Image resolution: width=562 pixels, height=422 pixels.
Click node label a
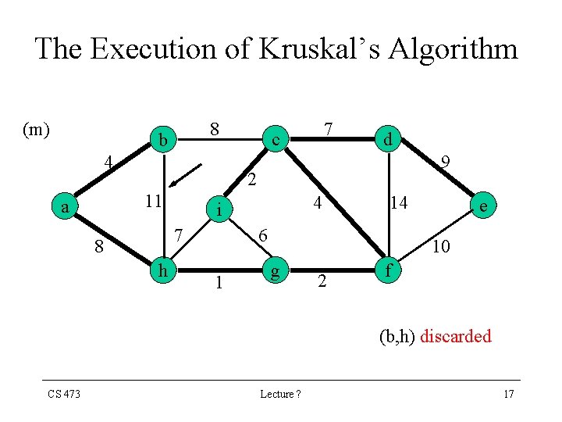pyautogui.click(x=66, y=207)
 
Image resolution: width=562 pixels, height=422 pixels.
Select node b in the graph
pyautogui.click(x=162, y=141)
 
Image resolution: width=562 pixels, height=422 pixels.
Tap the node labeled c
pyautogui.click(x=275, y=141)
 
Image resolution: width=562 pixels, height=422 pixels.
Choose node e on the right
pyautogui.click(x=485, y=206)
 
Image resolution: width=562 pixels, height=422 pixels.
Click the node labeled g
pyautogui.click(x=274, y=272)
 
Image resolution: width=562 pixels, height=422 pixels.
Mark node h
pyautogui.click(x=162, y=270)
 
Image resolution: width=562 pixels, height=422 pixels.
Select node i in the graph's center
pyautogui.click(x=221, y=209)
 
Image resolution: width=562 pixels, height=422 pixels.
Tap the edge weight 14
pyautogui.click(x=400, y=203)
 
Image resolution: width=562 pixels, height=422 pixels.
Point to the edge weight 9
pyautogui.click(x=444, y=163)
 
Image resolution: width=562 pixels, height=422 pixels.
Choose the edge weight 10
pyautogui.click(x=440, y=247)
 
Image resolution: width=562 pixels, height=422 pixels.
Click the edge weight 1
pyautogui.click(x=219, y=282)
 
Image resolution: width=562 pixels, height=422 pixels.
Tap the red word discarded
pyautogui.click(x=456, y=337)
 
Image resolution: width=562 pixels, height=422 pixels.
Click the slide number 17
pyautogui.click(x=509, y=394)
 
